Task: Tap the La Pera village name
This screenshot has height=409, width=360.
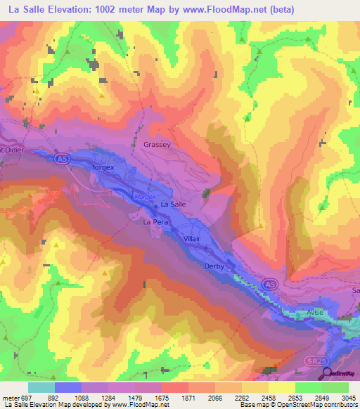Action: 156,222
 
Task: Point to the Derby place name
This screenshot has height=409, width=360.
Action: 213,266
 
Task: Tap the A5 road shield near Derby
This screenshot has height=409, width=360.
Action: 269,283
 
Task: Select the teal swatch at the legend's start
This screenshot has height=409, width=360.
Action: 41,387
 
